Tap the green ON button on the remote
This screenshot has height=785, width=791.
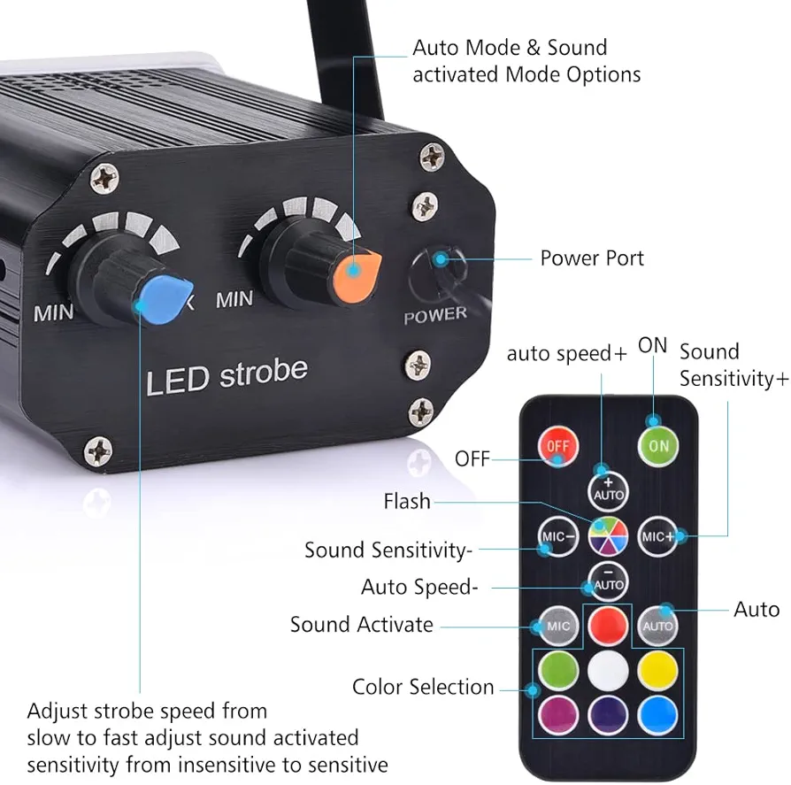658,445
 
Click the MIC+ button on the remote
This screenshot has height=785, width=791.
658,535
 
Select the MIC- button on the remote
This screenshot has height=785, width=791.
558,535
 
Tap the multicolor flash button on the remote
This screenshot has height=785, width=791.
608,535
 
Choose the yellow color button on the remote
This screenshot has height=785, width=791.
658,670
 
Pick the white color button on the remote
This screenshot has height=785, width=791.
608,670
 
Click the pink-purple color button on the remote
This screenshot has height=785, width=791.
558,712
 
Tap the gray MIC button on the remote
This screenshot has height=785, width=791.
558,626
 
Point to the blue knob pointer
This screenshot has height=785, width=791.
167,296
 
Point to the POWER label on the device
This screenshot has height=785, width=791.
434,314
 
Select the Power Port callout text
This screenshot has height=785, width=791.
592,258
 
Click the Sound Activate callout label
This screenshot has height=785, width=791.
362,625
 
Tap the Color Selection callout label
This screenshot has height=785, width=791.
423,687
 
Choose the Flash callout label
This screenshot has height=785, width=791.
407,502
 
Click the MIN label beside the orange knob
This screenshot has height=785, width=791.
234,300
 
